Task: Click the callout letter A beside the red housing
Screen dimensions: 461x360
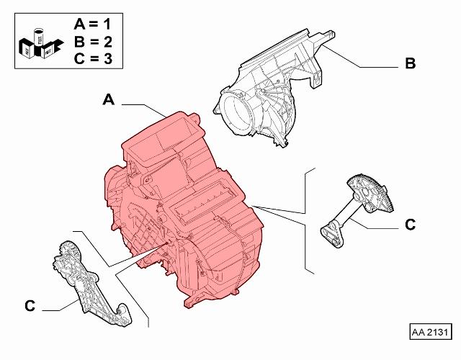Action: [109, 99]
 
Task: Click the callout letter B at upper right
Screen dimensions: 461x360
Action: [411, 63]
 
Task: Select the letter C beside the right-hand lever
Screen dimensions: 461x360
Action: [410, 225]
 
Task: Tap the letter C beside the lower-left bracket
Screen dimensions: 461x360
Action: [30, 306]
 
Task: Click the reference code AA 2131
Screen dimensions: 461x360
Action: [431, 332]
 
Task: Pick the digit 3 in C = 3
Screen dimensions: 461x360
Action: [108, 59]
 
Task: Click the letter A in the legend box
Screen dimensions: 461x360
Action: [79, 24]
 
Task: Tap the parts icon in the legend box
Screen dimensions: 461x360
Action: [41, 43]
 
